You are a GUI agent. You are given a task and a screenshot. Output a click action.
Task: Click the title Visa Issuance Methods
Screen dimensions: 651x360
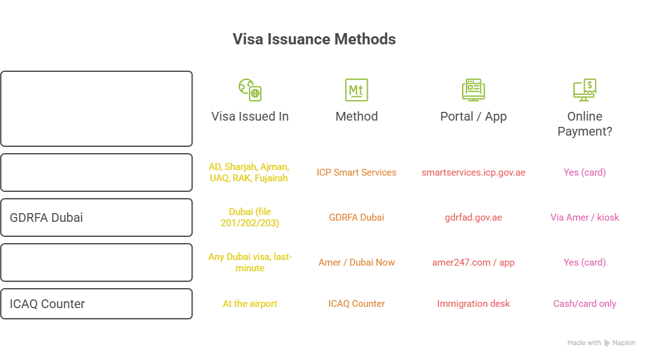tap(314, 39)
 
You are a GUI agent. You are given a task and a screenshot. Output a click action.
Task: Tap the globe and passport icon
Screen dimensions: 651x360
tap(250, 90)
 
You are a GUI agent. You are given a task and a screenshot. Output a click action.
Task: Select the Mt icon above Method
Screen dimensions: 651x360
tap(356, 90)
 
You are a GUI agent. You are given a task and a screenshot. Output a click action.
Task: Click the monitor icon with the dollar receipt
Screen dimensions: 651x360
tap(585, 90)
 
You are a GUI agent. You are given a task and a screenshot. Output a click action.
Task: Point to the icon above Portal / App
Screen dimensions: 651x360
tap(473, 90)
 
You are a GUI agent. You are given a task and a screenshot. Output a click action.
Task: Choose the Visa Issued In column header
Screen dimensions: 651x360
tap(250, 116)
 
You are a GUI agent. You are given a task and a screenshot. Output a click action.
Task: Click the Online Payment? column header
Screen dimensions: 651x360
tap(585, 124)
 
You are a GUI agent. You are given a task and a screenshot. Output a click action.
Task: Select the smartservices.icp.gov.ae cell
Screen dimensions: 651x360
tap(473, 172)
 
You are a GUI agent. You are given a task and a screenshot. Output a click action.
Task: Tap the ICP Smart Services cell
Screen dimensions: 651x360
tap(356, 172)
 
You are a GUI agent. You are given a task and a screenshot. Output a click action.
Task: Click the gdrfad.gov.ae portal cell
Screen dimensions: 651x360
tap(473, 217)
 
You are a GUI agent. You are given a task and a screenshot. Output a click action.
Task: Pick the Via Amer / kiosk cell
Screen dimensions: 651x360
tap(585, 217)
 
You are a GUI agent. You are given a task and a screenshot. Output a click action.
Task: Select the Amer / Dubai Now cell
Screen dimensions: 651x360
tap(356, 262)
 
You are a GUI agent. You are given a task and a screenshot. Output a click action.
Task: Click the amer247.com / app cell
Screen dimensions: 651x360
tap(473, 262)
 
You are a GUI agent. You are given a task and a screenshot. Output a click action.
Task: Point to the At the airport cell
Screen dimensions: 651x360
tap(250, 304)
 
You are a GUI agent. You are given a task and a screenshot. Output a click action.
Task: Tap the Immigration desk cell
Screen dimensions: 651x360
tap(473, 304)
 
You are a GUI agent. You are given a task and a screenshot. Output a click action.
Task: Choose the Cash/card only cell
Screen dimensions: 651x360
tap(585, 304)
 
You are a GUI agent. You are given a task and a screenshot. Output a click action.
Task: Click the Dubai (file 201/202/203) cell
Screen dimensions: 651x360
tap(250, 217)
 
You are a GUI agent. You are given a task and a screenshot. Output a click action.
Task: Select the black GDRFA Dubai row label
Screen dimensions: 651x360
tap(46, 217)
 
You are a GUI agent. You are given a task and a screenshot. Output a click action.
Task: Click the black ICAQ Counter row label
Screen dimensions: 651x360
tap(47, 304)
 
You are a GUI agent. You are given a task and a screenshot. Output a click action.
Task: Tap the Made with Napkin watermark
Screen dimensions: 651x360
tap(601, 342)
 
